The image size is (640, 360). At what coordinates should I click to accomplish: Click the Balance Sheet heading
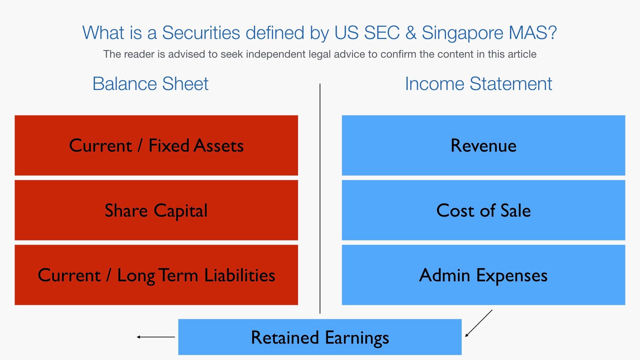pyautogui.click(x=150, y=84)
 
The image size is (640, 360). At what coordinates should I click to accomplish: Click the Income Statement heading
pyautogui.click(x=478, y=84)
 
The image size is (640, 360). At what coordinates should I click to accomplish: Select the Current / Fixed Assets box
pyautogui.click(x=156, y=145)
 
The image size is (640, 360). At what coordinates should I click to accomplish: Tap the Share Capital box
pyautogui.click(x=156, y=210)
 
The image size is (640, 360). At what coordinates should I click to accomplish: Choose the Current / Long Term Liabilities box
pyautogui.click(x=156, y=275)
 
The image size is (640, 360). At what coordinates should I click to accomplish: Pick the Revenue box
pyautogui.click(x=483, y=145)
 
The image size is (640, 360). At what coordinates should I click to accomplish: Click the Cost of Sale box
pyautogui.click(x=483, y=210)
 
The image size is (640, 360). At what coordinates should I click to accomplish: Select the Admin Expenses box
pyautogui.click(x=483, y=275)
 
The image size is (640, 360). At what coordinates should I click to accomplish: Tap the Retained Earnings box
pyautogui.click(x=320, y=337)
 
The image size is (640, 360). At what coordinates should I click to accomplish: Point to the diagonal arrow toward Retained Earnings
pyautogui.click(x=479, y=323)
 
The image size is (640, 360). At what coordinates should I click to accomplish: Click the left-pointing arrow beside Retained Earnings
pyautogui.click(x=156, y=337)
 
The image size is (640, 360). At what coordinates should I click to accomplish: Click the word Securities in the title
pyautogui.click(x=201, y=33)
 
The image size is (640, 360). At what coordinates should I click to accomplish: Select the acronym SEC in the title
pyautogui.click(x=382, y=33)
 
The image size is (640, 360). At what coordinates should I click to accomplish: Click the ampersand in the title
pyautogui.click(x=411, y=33)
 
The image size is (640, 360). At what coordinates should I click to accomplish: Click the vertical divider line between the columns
pyautogui.click(x=320, y=199)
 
